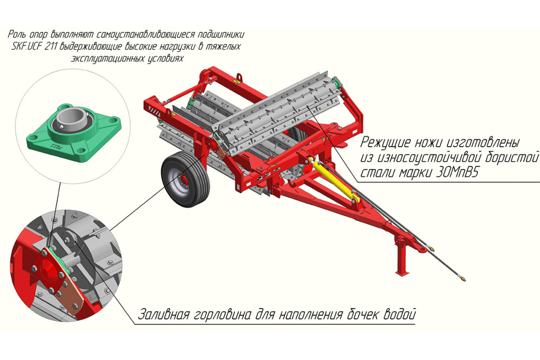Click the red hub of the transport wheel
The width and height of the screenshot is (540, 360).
(x=183, y=180)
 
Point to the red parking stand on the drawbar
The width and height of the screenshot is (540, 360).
(x=402, y=256)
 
